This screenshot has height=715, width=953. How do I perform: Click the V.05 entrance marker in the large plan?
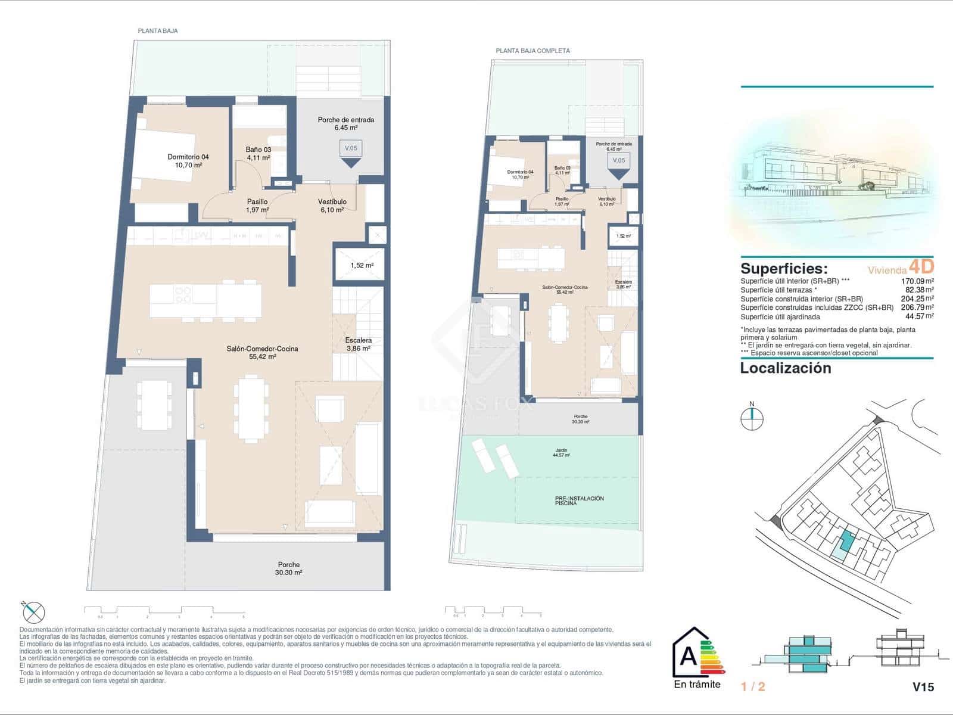(x=351, y=148)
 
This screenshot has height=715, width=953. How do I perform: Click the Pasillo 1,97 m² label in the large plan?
(x=257, y=206)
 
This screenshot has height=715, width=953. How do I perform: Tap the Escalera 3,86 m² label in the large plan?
(x=358, y=344)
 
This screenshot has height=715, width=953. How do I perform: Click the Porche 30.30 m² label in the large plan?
(x=289, y=568)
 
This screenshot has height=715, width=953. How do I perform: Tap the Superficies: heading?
(x=784, y=268)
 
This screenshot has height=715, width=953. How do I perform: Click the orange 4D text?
(x=921, y=266)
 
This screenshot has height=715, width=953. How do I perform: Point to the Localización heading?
(x=785, y=368)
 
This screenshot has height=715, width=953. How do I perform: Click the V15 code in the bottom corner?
(x=923, y=687)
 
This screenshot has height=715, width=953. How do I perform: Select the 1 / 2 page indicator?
(x=753, y=687)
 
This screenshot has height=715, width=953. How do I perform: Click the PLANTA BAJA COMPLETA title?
(x=532, y=51)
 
